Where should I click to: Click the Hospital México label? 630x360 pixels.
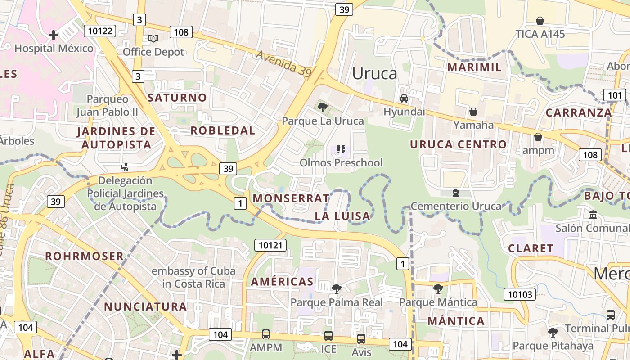pos(54,48)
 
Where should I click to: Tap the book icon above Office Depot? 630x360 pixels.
pos(153,39)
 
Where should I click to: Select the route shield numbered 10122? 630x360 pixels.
pos(100,31)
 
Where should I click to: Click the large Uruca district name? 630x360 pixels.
pos(375,73)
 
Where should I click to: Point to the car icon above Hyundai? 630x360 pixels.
pos(404,98)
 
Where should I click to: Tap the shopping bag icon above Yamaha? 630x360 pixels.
pos(473,111)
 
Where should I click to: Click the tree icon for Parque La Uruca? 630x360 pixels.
pos(322,107)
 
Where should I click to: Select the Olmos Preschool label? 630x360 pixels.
pos(341,162)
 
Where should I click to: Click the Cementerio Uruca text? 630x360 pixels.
pos(456,206)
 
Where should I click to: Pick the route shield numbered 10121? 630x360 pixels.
pos(270,245)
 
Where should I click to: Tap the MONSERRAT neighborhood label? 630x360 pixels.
pos(291,198)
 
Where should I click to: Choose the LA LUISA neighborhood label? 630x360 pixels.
pos(342,216)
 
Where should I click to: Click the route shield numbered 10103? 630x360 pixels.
pos(520,295)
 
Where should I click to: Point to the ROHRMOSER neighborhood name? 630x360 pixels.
pos(84,256)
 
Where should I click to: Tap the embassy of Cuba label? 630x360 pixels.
pos(193,277)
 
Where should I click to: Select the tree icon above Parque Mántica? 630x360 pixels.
pos(438,288)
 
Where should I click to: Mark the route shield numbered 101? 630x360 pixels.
pos(614,95)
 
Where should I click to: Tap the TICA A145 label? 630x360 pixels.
pos(540,34)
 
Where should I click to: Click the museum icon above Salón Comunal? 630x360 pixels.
pos(593,215)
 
